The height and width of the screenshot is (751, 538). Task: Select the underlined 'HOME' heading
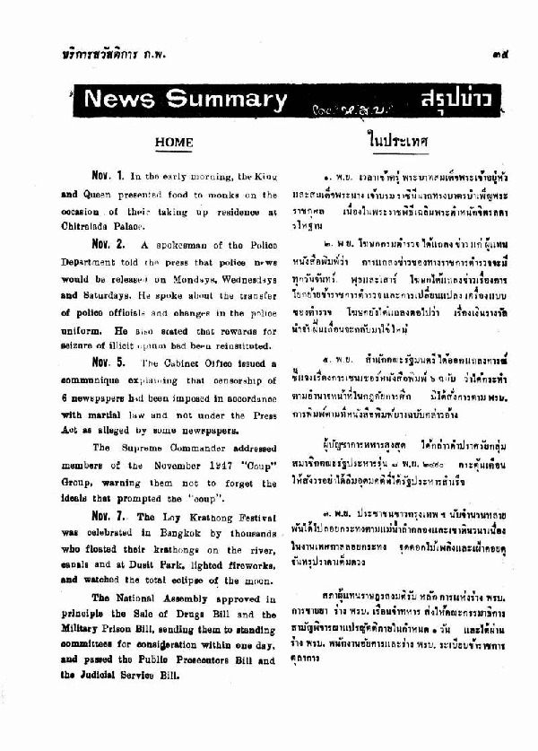(x=173, y=142)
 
